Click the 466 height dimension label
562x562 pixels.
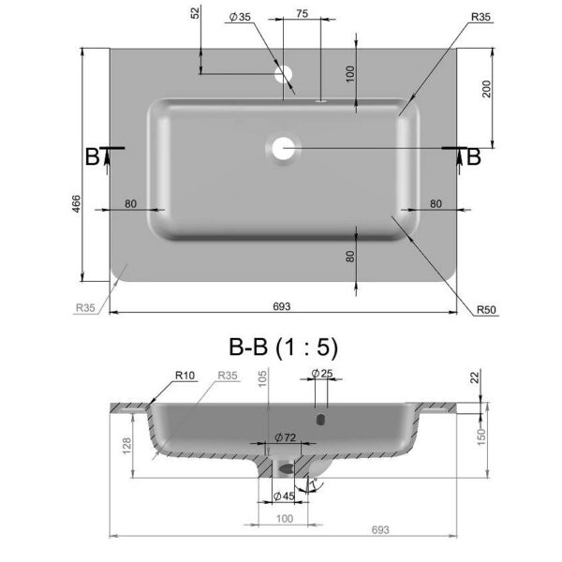(77, 203)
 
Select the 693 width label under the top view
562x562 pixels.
(282, 306)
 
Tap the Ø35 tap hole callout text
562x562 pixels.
(240, 17)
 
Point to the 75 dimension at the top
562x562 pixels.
(303, 14)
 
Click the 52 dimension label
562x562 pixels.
(195, 13)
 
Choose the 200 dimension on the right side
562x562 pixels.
(486, 89)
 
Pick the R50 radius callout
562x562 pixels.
(486, 310)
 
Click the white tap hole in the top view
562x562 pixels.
(284, 74)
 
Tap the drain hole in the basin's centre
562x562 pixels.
(283, 148)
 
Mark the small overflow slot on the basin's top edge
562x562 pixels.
(320, 101)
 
